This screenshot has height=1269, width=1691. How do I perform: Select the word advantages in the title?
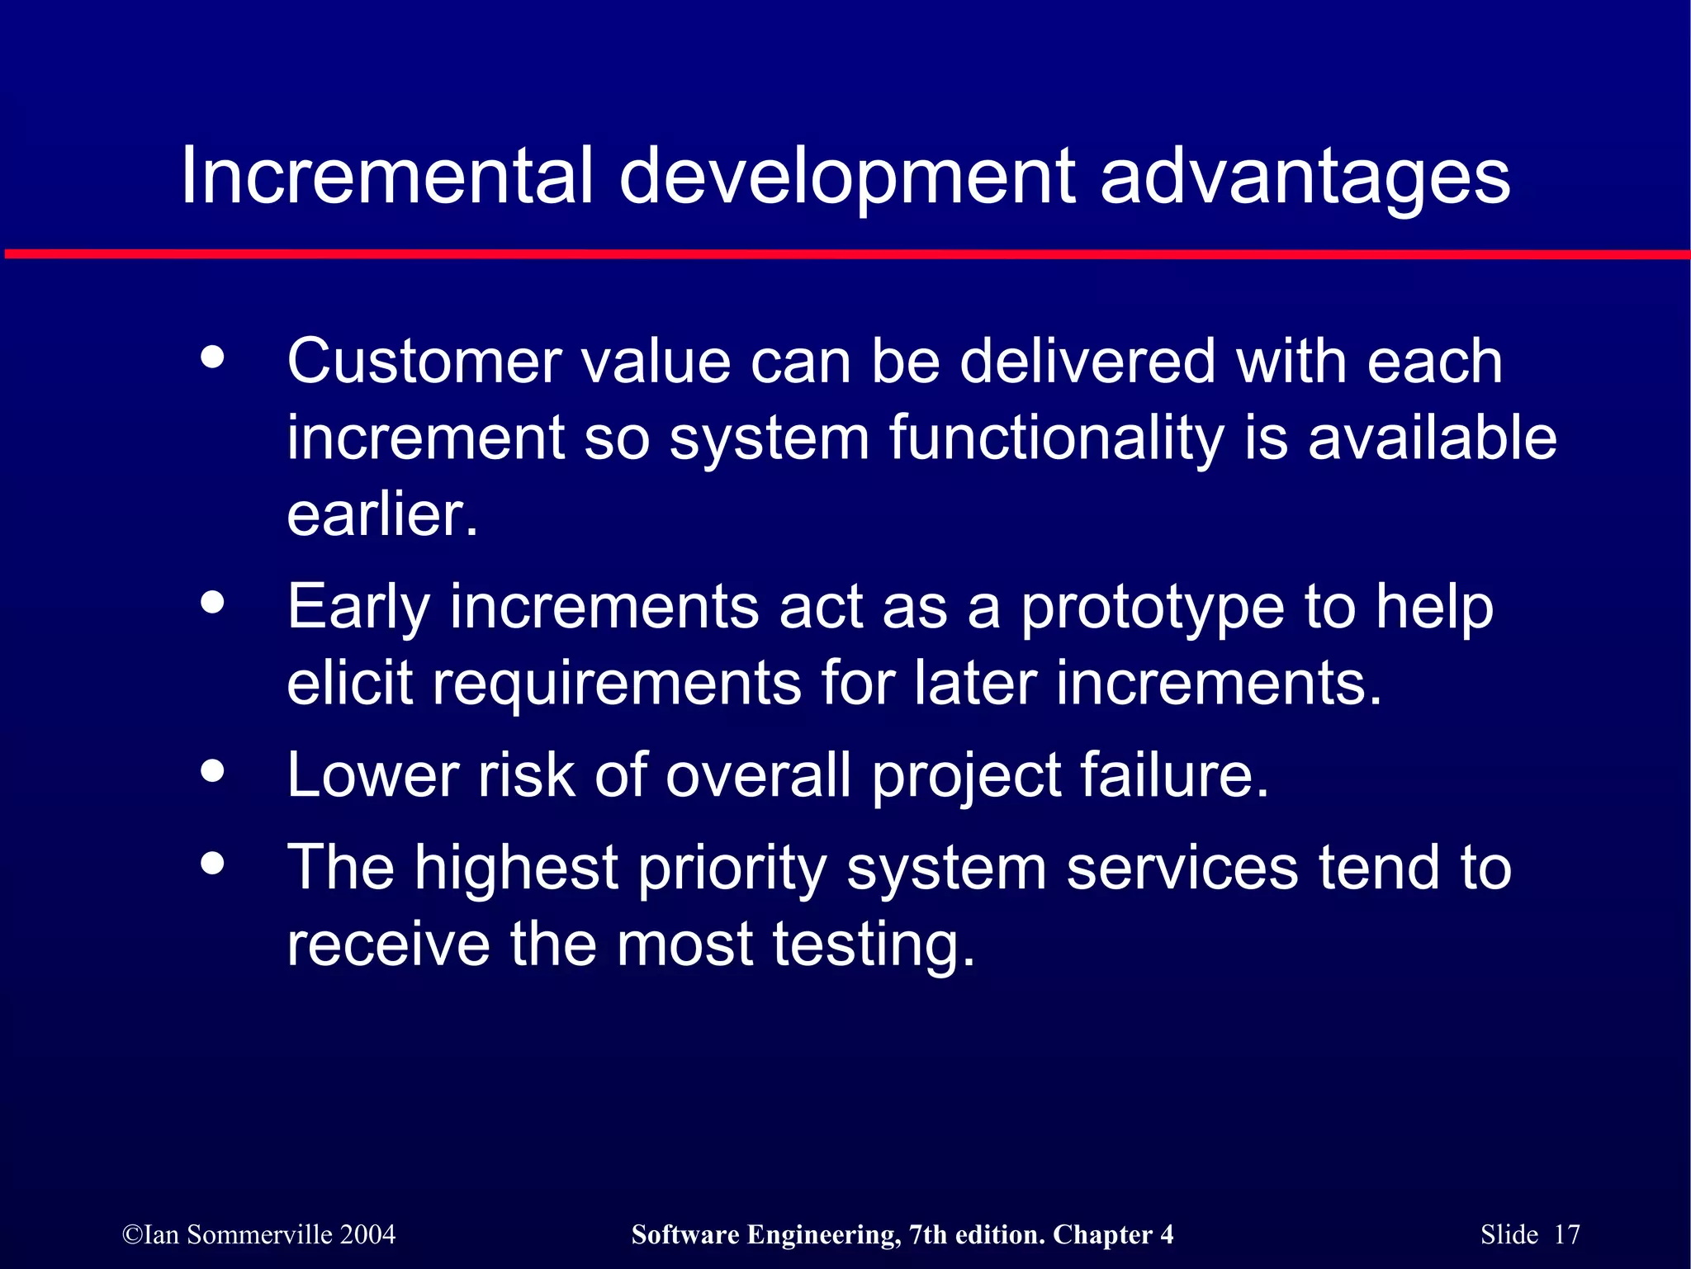(1305, 178)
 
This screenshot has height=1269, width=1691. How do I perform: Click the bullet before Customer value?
(212, 357)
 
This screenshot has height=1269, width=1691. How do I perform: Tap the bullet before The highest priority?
(212, 864)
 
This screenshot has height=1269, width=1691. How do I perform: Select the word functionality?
(1056, 440)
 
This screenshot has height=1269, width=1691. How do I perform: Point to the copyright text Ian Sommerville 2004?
(258, 1234)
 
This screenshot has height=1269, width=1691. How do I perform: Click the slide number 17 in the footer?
(1566, 1234)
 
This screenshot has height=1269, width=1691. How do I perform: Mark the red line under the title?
(845, 254)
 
